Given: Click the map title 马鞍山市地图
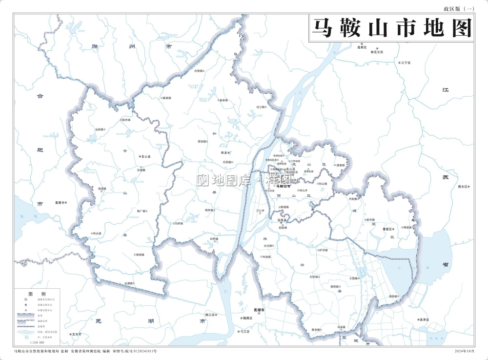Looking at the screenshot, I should click(x=392, y=28).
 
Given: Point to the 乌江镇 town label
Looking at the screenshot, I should click(x=260, y=106).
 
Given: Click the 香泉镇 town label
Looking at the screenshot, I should click(x=224, y=100).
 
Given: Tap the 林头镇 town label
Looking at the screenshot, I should click(x=96, y=233).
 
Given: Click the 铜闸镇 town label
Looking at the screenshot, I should click(x=140, y=254).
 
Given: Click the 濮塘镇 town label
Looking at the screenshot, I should click(x=340, y=165).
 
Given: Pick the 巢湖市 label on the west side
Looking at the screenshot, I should click(x=61, y=202).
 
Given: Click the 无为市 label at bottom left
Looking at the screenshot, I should click(x=75, y=335).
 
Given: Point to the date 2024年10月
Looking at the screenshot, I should click(x=464, y=351).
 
